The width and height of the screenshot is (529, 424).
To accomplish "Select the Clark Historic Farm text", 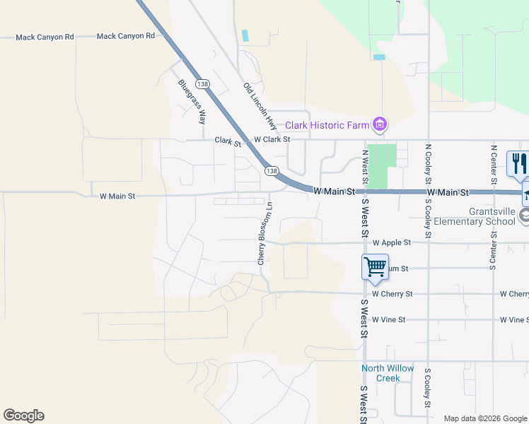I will coord(327,126).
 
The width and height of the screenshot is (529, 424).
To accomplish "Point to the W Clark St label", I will coord(272,140).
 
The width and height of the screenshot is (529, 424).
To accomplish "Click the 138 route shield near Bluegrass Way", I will coord(204,84).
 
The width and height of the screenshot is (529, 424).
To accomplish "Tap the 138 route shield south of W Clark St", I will coord(272,171).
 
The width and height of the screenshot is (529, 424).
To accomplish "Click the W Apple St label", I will coord(391,242).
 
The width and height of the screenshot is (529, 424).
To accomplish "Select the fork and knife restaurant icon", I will coord(518,164).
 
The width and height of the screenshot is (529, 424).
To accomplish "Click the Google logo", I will coord(23,416).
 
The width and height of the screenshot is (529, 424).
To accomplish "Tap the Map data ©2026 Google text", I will coord(484,418).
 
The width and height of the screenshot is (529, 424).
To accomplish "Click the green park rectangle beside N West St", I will coord(382,166).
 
